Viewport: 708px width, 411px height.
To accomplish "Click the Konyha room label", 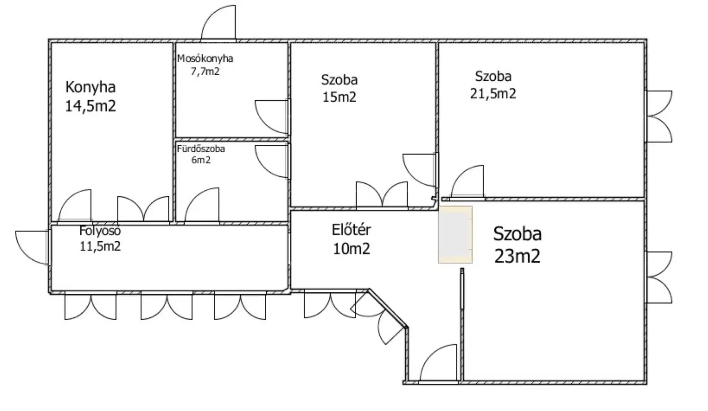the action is [x=90, y=87].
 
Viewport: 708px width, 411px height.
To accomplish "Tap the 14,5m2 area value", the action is [x=90, y=106].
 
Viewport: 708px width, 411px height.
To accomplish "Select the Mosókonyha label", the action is [x=205, y=58].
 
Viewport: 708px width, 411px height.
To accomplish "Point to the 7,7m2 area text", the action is [x=205, y=71].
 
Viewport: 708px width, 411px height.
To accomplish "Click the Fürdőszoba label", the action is [x=201, y=149].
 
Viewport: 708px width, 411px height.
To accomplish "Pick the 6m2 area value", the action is [x=201, y=160].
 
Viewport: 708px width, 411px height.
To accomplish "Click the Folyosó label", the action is [x=100, y=231].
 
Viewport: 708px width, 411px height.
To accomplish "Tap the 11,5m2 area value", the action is [x=100, y=246].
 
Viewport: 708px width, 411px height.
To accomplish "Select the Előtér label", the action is [x=351, y=230].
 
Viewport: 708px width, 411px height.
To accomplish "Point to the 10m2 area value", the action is [x=351, y=249].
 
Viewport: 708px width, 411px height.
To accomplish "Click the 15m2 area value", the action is [x=339, y=97].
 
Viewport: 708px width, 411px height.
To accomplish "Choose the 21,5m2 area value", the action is [x=493, y=94].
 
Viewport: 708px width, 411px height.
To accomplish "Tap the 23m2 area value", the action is [x=517, y=256].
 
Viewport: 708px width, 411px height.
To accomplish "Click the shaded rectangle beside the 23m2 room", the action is [x=455, y=235].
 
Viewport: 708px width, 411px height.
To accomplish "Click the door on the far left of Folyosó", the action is [x=32, y=247].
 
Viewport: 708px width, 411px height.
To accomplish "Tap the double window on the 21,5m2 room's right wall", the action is [x=659, y=117].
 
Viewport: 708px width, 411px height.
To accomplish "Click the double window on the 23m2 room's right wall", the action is [x=659, y=277].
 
